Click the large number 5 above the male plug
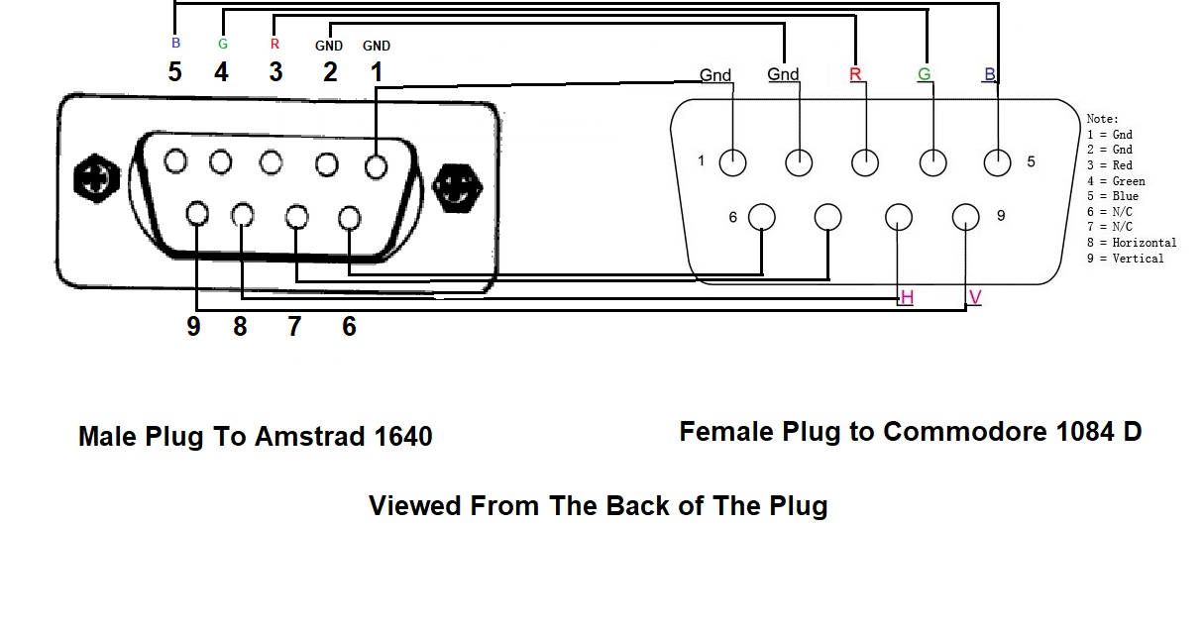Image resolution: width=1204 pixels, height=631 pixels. tap(175, 72)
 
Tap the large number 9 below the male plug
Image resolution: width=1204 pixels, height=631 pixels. tap(193, 327)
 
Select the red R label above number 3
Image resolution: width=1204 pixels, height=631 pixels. tap(274, 45)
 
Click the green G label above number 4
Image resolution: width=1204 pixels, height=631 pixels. tap(223, 45)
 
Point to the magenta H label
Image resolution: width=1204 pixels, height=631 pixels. tap(906, 297)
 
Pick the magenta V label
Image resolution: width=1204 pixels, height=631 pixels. tap(975, 297)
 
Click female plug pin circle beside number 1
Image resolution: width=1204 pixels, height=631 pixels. tap(732, 162)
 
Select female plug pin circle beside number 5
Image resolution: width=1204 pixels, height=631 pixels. tap(997, 162)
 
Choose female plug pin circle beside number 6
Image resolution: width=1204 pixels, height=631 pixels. tap(761, 216)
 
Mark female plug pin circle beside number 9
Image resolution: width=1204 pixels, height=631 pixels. tap(965, 216)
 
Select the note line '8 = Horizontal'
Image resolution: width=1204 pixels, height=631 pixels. tap(1132, 243)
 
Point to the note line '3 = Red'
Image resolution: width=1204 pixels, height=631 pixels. tap(1109, 165)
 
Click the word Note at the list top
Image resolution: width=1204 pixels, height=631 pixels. tap(1102, 119)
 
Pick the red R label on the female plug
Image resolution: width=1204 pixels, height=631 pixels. tap(855, 75)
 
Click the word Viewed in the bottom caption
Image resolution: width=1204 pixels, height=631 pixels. tap(415, 506)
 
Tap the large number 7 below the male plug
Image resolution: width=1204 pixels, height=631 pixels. tap(294, 327)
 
